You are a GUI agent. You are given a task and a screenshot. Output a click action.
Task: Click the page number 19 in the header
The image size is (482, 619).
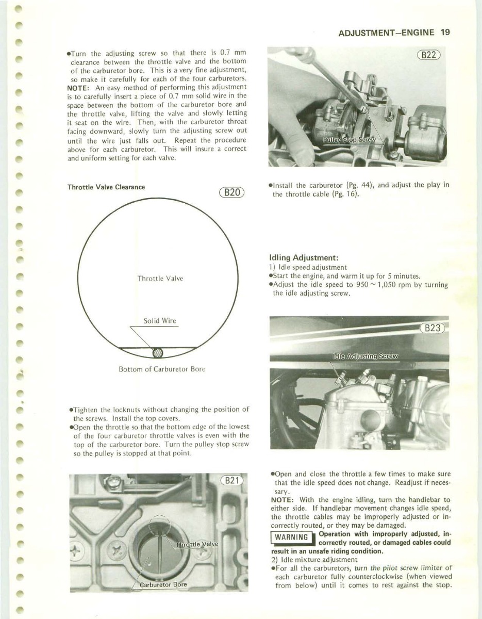point(445,31)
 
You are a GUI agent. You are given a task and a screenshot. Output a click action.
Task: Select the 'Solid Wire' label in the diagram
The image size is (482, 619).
point(159,321)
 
